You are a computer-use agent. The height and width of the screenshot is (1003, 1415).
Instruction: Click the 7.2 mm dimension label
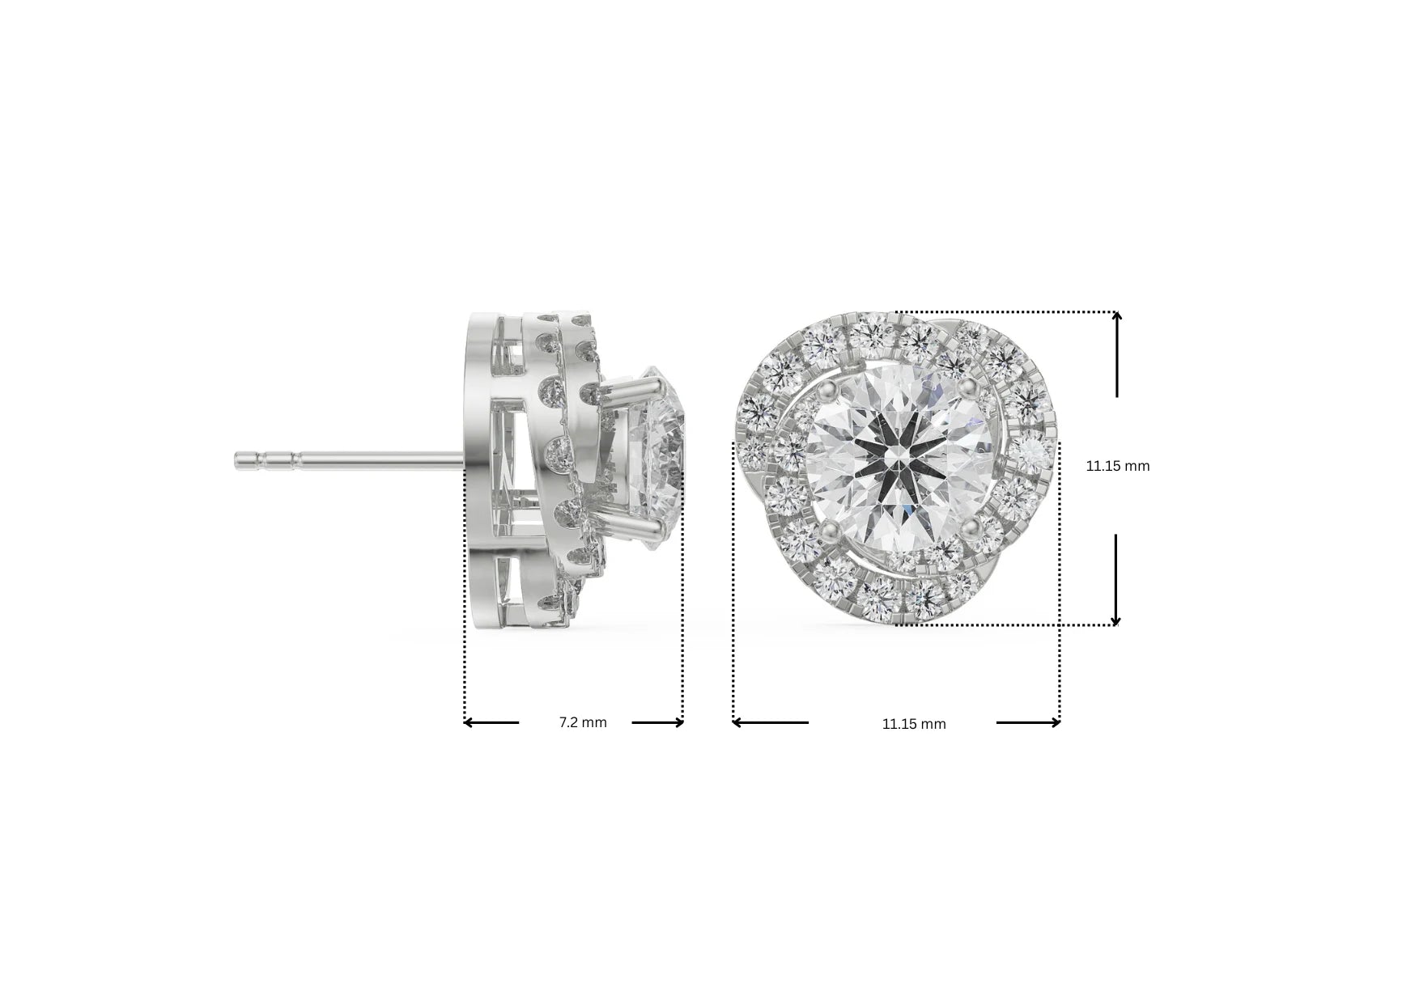[x=583, y=722]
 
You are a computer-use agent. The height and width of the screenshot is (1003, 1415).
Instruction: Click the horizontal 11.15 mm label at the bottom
[x=913, y=724]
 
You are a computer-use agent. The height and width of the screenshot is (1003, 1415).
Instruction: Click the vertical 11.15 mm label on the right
[x=1117, y=466]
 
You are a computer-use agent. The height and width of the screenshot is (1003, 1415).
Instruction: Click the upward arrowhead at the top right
[x=1116, y=318]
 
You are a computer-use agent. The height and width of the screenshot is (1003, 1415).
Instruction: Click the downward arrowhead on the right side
[x=1115, y=619]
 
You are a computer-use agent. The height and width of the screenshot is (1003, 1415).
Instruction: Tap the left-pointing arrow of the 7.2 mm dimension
[x=470, y=722]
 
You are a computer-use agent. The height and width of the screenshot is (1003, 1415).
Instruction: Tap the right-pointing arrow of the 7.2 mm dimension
[x=678, y=722]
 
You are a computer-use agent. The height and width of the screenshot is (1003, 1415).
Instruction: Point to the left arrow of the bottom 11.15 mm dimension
[x=739, y=722]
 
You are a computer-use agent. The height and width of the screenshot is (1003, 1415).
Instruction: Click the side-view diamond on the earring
[x=656, y=461]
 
